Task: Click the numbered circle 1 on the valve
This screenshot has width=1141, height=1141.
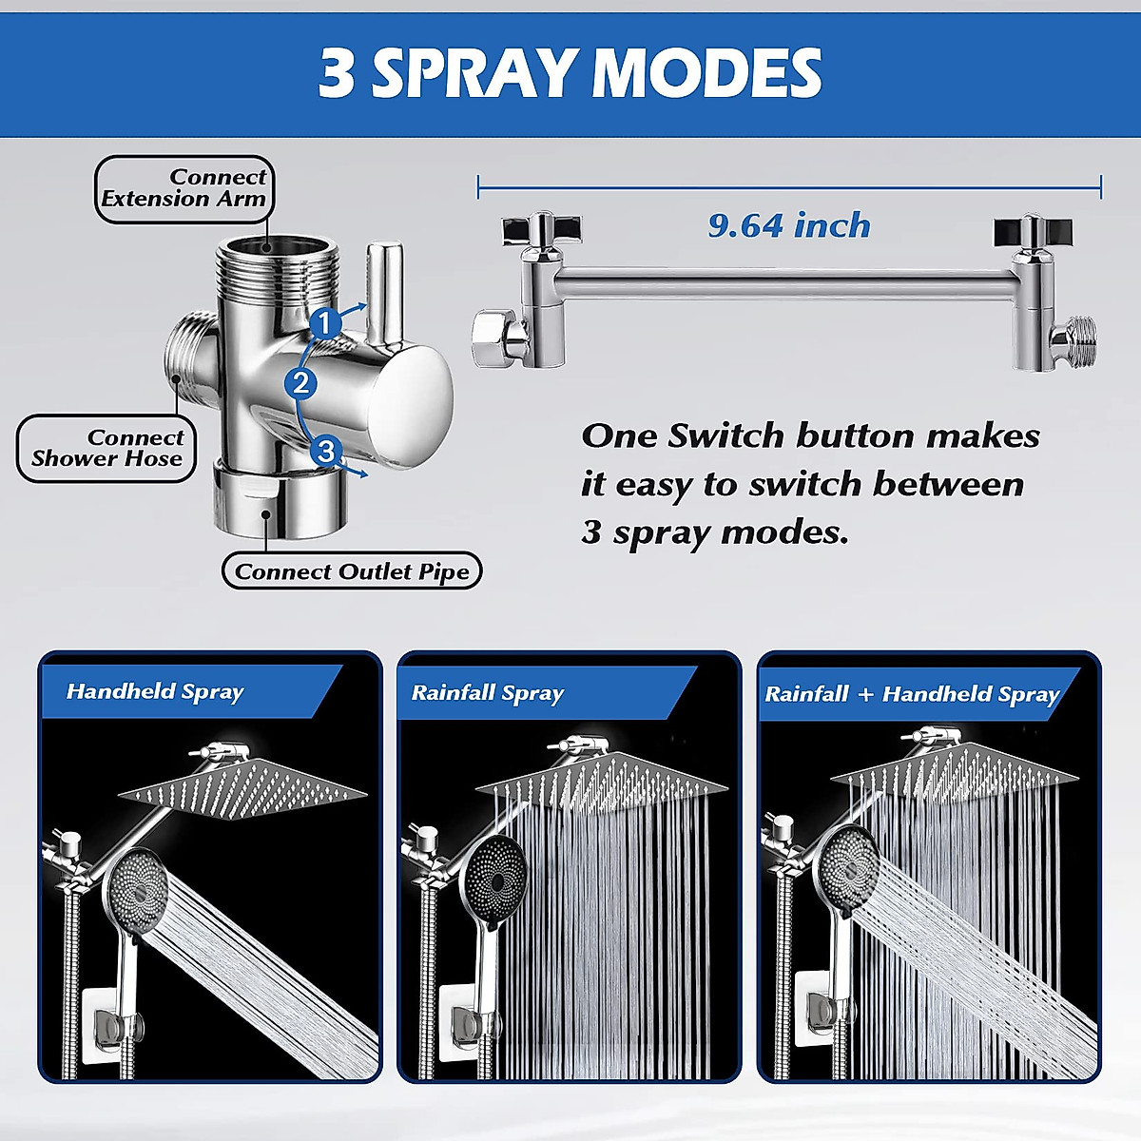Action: point(325,323)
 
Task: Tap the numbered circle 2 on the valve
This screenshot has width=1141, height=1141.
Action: point(301,383)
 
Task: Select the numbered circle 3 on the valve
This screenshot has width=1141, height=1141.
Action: point(326,450)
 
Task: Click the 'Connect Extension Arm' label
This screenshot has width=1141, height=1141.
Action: point(184,188)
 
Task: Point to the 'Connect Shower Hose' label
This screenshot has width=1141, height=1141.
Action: point(106,448)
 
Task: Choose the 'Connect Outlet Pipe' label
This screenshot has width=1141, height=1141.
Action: point(352,571)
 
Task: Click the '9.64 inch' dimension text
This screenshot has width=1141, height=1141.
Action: point(789,225)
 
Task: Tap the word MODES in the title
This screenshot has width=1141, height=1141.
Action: point(707,73)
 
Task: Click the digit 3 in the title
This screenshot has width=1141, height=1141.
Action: point(336,73)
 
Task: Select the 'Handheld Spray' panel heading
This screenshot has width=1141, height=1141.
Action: point(155,691)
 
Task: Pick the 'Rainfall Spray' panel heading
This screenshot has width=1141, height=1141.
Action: point(487,693)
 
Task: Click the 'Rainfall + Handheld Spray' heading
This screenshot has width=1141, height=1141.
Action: point(912,694)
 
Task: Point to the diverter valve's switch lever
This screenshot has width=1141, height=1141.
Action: point(385,290)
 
